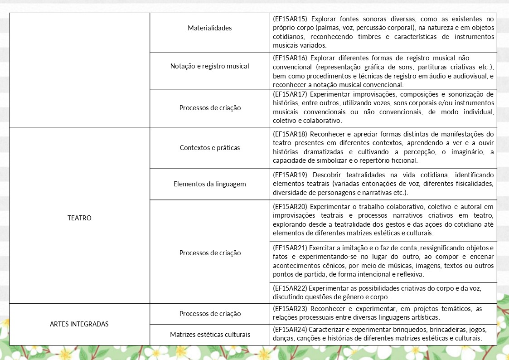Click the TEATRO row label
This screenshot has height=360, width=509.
click(x=79, y=218)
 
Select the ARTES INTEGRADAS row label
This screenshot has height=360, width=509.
click(x=79, y=324)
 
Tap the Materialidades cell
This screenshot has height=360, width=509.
click(x=209, y=28)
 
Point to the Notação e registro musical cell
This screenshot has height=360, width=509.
click(x=209, y=66)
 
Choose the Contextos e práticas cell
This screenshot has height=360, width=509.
click(x=209, y=148)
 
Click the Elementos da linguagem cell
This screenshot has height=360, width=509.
click(x=209, y=184)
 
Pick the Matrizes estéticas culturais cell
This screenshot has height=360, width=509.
click(x=209, y=335)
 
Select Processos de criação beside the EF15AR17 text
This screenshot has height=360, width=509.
click(x=209, y=108)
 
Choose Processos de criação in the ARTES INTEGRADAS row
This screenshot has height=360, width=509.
click(x=209, y=314)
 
